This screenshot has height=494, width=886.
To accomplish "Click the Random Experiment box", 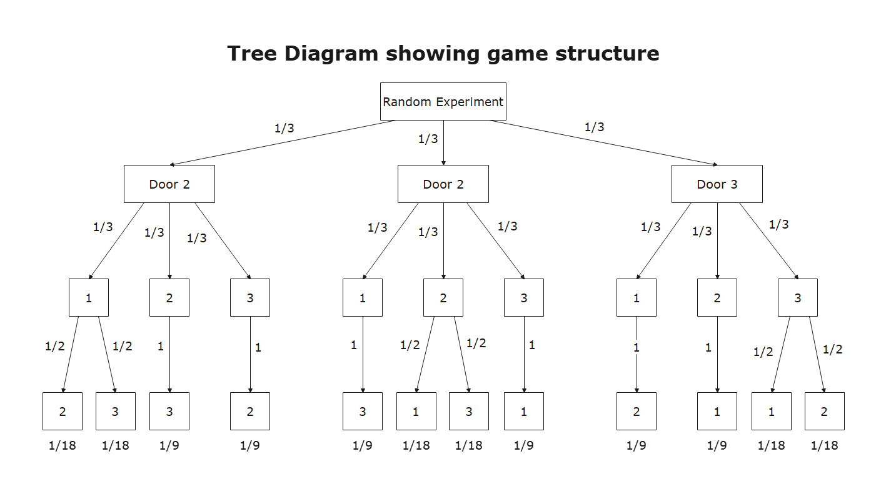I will click(443, 102).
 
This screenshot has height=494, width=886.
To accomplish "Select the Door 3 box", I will click(717, 184).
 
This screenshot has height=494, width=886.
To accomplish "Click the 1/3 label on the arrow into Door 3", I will click(594, 127).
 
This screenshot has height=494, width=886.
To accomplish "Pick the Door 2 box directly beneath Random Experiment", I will click(443, 184).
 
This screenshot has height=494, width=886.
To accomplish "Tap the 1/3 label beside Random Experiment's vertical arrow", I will click(428, 139).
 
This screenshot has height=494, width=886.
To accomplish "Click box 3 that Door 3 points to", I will click(797, 298).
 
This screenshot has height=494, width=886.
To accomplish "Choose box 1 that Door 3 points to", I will click(636, 298).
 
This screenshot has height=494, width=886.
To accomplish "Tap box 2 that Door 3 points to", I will click(717, 298).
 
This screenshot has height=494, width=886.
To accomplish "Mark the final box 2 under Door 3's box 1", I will click(636, 412).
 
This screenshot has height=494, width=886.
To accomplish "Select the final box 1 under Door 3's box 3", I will click(771, 412).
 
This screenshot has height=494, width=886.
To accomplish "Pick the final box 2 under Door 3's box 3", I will click(824, 412).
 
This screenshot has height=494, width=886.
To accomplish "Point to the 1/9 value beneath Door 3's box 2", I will click(717, 446).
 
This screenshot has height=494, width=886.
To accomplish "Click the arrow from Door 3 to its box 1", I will click(665, 240).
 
